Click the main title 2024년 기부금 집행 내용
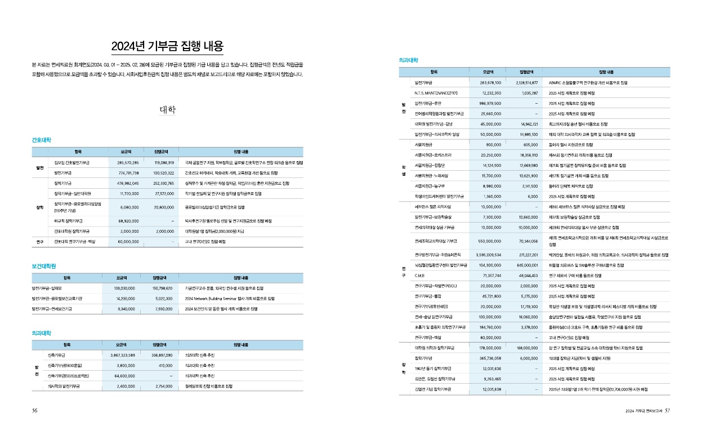(x=167, y=46)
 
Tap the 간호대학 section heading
(x=43, y=139)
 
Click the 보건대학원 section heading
(x=46, y=266)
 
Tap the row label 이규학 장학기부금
(x=68, y=221)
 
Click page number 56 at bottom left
(x=35, y=411)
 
